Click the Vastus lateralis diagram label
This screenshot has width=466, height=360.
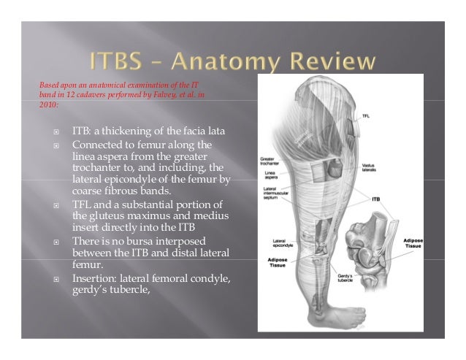coord(369,168)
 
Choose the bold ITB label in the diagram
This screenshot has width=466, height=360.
coord(376,198)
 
